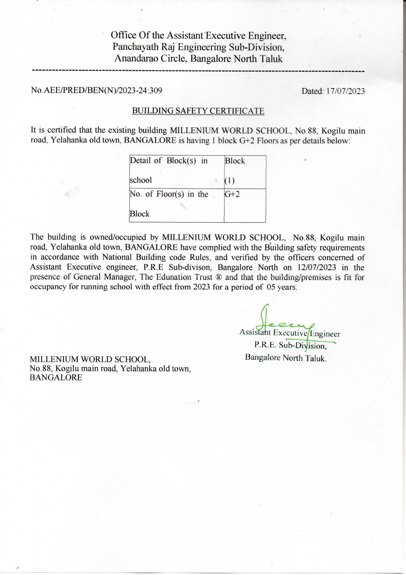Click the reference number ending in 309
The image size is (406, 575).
97,90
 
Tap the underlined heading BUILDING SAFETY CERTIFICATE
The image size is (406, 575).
198,111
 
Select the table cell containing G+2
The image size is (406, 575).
245,205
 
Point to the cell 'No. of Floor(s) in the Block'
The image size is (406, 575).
176,205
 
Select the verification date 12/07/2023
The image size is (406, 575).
312,267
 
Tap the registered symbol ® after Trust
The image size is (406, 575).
219,277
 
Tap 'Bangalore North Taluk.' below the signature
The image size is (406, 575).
286,357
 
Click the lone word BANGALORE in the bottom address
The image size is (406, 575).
56,377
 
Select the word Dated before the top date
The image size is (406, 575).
312,91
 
